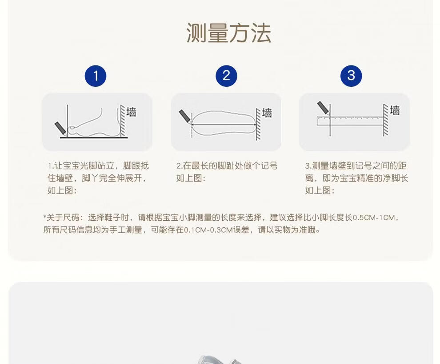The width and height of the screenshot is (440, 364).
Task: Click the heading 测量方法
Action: click(229, 33)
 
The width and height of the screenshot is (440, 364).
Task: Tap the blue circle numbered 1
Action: click(96, 76)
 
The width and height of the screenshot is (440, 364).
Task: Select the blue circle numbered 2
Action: click(227, 76)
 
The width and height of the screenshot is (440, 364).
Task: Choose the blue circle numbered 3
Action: click(351, 76)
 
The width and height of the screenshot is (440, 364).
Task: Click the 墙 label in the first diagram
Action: click(131, 112)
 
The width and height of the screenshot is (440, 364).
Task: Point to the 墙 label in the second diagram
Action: click(267, 113)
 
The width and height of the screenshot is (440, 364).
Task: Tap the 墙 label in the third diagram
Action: click(395, 110)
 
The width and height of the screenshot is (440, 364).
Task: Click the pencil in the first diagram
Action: click(60, 128)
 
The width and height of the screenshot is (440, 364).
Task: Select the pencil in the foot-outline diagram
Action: click(185, 117)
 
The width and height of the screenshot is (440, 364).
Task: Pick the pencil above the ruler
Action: click(323, 108)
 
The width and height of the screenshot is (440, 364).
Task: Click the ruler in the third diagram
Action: click(350, 121)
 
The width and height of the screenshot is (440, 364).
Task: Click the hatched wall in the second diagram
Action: click(258, 125)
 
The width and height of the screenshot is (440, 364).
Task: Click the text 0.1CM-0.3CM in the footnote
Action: click(208, 230)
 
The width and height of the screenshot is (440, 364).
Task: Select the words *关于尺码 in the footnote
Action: click(61, 218)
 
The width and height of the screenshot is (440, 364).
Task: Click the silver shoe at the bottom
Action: click(219, 360)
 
